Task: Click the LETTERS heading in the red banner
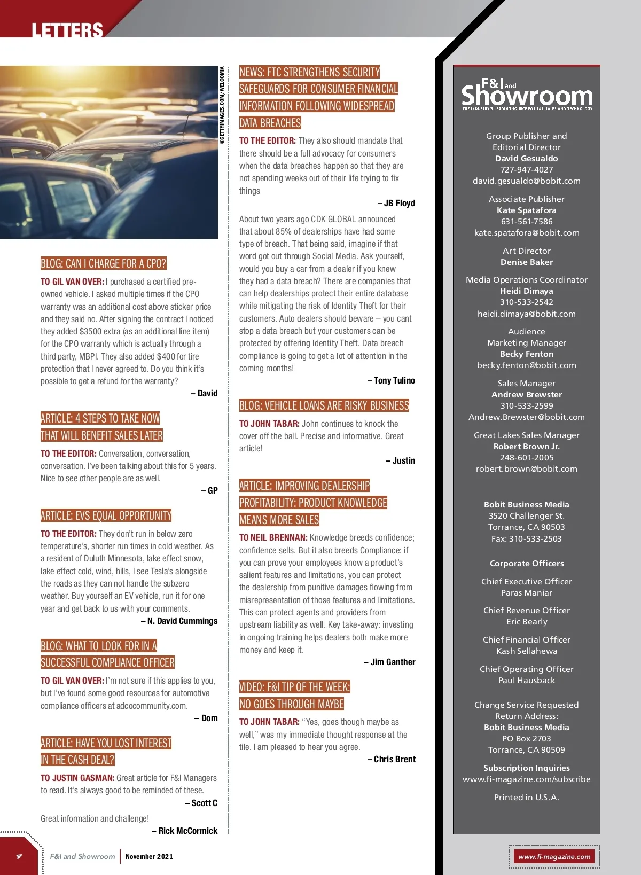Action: pyautogui.click(x=67, y=30)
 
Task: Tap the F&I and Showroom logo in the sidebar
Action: pyautogui.click(x=527, y=95)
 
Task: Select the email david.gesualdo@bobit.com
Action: pyautogui.click(x=526, y=181)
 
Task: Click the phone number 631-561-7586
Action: pyautogui.click(x=526, y=222)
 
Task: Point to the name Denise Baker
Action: pyautogui.click(x=526, y=262)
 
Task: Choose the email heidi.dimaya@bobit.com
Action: pyautogui.click(x=526, y=314)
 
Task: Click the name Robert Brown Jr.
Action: pyautogui.click(x=526, y=447)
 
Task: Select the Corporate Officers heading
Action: pyautogui.click(x=526, y=564)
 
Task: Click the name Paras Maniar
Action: pyautogui.click(x=526, y=593)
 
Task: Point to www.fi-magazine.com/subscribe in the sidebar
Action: pyautogui.click(x=526, y=779)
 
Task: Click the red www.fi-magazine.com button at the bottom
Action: pyautogui.click(x=554, y=857)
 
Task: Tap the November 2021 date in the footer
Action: pyautogui.click(x=149, y=857)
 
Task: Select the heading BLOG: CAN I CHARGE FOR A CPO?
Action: pyautogui.click(x=104, y=263)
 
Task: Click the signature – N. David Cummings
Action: pyautogui.click(x=179, y=621)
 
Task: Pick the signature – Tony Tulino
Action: pyautogui.click(x=392, y=381)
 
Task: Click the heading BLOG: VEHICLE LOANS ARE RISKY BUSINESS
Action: pyautogui.click(x=324, y=405)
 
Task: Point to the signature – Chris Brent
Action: pyautogui.click(x=392, y=760)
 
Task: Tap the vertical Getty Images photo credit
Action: pyautogui.click(x=222, y=105)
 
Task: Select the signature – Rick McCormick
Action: pyautogui.click(x=185, y=831)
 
